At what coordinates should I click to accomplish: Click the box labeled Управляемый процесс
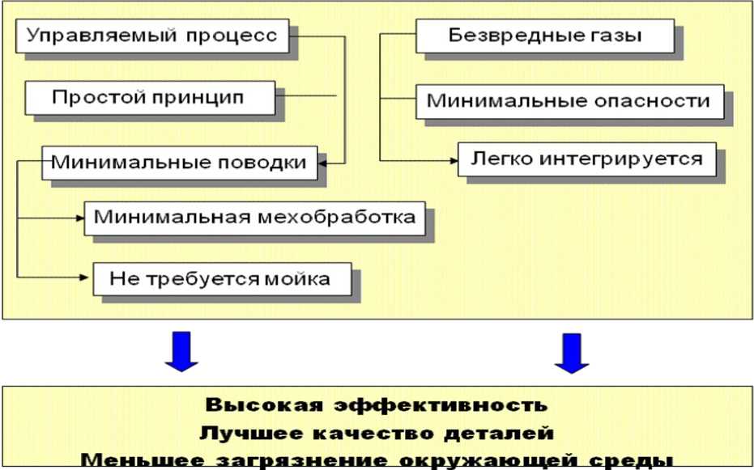(x=151, y=36)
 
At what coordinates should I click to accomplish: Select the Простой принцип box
(x=147, y=98)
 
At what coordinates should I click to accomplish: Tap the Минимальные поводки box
(x=178, y=163)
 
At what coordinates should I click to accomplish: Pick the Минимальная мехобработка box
(x=254, y=217)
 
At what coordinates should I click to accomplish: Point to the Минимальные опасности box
(x=568, y=100)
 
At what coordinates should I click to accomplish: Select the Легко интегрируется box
(x=586, y=159)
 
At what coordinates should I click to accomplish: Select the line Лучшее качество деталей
(x=377, y=432)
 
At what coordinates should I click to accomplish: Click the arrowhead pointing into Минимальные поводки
(x=322, y=163)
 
